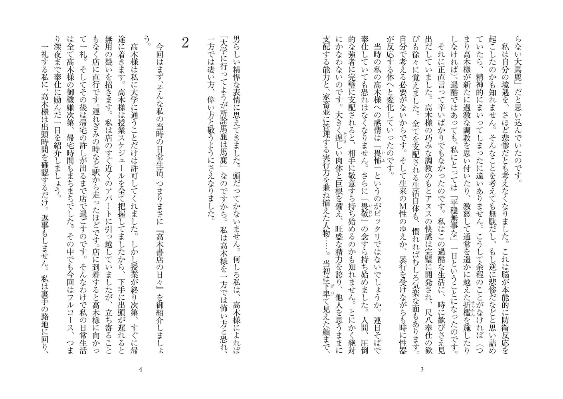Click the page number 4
click(x=140, y=369)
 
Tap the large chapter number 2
click(x=185, y=43)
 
